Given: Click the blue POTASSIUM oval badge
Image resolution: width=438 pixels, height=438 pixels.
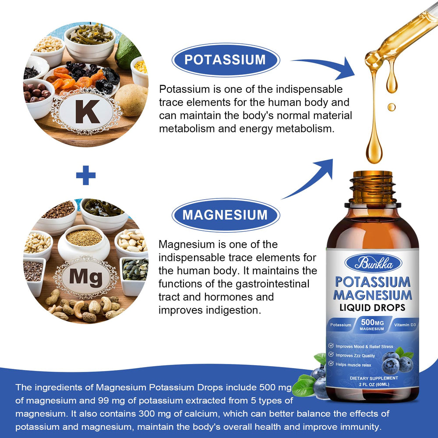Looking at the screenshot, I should pyautogui.click(x=225, y=60).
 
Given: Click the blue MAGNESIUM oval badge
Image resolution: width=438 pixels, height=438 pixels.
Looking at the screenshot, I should pyautogui.click(x=225, y=215).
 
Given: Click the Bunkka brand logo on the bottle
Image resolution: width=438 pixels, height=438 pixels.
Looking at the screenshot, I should pyautogui.click(x=372, y=263).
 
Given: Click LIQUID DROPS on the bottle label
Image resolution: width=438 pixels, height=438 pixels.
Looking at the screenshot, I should pyautogui.click(x=372, y=307).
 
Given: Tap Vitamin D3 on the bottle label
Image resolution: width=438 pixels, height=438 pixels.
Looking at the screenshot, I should pyautogui.click(x=405, y=325).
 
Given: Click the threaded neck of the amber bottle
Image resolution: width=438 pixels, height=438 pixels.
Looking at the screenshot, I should pyautogui.click(x=372, y=186).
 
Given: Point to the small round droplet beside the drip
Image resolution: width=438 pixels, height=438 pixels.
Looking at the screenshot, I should pyautogui.click(x=391, y=106).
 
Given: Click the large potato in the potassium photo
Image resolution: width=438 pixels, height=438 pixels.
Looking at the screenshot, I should pyautogui.click(x=131, y=100).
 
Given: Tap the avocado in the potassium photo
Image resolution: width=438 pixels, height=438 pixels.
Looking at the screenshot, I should pyautogui.click(x=127, y=52).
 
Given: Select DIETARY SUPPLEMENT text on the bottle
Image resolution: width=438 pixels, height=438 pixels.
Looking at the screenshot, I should pyautogui.click(x=374, y=378).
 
